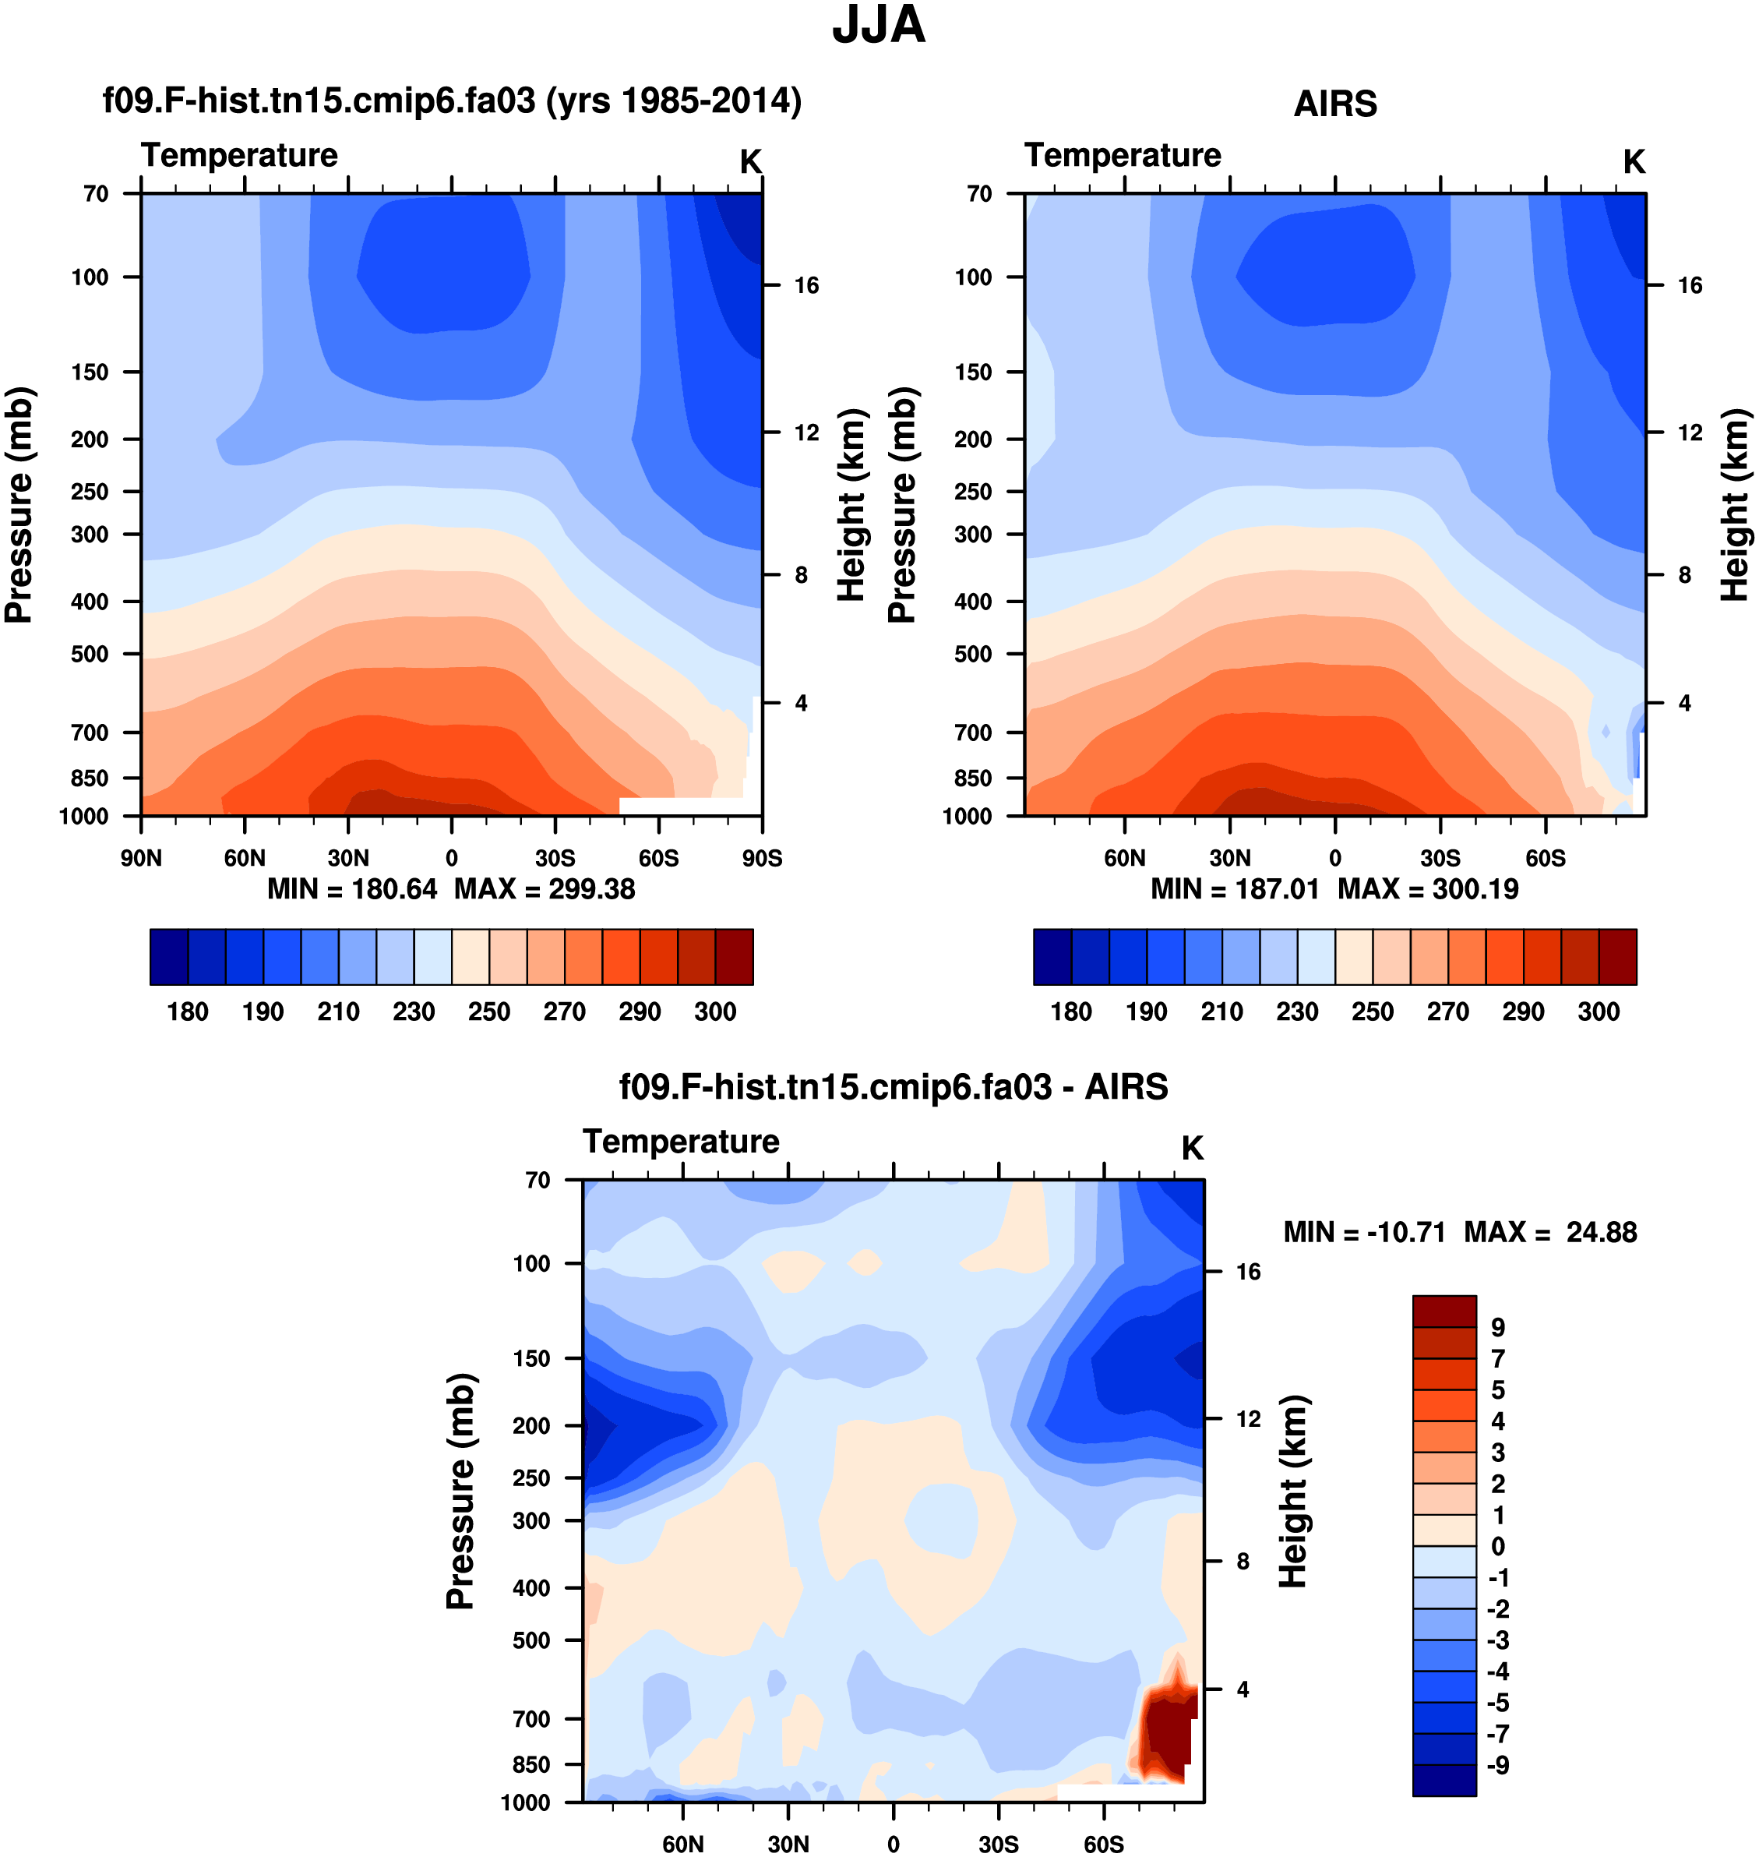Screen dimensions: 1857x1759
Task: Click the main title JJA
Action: [879, 25]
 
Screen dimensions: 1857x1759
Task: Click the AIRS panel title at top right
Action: [1334, 103]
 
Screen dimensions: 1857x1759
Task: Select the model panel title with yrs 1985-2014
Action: [452, 101]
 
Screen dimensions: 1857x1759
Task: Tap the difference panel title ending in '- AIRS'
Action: [893, 1086]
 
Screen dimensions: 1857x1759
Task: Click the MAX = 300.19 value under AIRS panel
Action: [1427, 888]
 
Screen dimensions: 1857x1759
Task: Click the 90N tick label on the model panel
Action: [141, 858]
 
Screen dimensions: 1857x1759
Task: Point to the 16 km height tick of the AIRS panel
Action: [1689, 285]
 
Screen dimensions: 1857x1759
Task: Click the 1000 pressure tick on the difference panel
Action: [525, 1802]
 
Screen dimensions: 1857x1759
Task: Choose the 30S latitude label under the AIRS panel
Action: [1440, 858]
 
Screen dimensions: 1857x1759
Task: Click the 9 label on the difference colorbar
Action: [1497, 1327]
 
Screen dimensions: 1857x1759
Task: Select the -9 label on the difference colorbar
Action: [1497, 1765]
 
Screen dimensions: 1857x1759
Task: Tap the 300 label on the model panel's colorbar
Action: [714, 1011]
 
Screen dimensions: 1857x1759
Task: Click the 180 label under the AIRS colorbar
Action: [1071, 1011]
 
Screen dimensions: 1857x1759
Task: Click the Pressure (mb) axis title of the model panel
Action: [19, 505]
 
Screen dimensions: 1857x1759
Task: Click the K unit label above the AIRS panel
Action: [1634, 161]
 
